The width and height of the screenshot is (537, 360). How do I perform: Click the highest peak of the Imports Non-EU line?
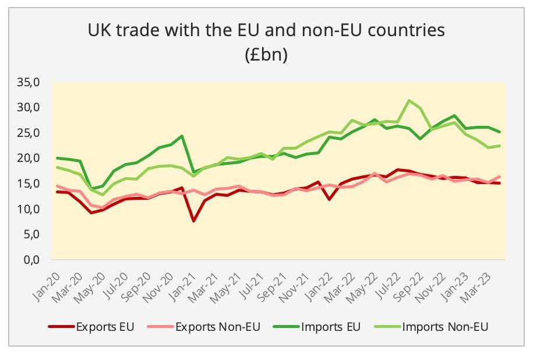(x=411, y=100)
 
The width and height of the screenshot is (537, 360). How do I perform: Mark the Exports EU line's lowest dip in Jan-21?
(x=193, y=221)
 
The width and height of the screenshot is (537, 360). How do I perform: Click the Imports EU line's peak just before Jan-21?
(x=182, y=136)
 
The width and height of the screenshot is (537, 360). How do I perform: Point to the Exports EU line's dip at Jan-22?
(x=330, y=199)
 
